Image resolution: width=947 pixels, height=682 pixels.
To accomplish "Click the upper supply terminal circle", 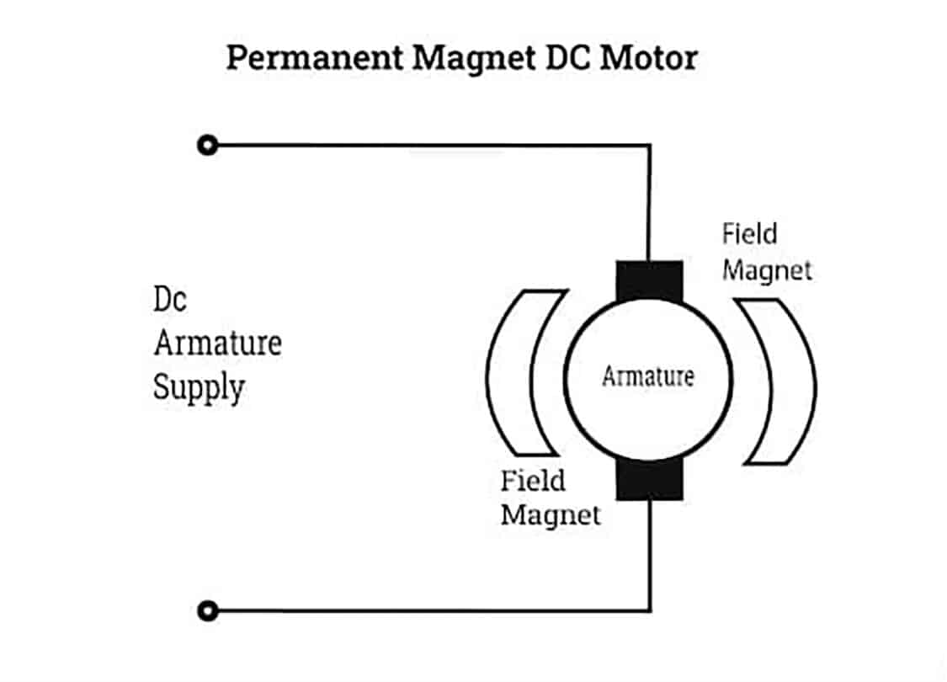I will tap(206, 146).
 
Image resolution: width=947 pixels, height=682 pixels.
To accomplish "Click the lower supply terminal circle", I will tap(206, 610).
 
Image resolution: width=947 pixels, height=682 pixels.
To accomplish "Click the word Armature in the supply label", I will tap(216, 343).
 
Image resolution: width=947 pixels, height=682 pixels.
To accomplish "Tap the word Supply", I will tap(199, 388).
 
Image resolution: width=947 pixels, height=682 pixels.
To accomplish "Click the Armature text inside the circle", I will tap(647, 376).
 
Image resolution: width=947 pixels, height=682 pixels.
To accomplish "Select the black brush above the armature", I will tap(649, 281).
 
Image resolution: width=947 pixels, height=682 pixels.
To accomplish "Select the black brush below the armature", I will tap(649, 480).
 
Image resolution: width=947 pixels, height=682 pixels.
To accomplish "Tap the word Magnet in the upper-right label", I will tap(767, 270).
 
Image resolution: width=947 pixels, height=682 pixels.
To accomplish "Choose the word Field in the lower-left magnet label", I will tap(533, 481).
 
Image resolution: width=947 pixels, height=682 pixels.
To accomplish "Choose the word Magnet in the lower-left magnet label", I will tap(551, 514).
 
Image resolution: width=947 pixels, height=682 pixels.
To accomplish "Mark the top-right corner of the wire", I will tap(649, 146).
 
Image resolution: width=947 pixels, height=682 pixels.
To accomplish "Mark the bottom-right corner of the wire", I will tap(649, 610).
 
